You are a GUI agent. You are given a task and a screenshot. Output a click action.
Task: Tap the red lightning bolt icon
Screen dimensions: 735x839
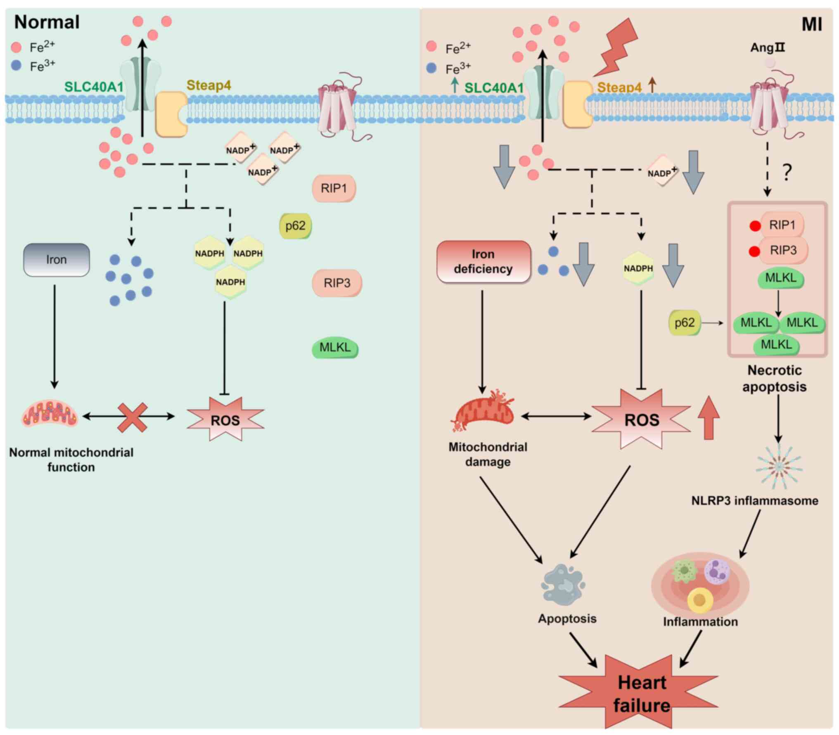pos(617,47)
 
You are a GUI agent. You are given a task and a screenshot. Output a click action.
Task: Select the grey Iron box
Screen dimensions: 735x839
pos(57,260)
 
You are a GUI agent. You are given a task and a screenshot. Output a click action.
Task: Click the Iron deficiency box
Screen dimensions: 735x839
pos(483,261)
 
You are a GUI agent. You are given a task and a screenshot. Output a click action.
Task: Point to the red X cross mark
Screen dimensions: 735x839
pos(132,417)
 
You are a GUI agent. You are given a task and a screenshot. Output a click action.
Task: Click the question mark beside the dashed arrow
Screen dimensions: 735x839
pos(787,172)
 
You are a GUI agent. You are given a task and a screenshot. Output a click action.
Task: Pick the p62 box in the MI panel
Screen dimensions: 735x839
pos(684,322)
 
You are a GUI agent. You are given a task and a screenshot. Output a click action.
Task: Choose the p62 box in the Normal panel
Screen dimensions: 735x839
pos(295,226)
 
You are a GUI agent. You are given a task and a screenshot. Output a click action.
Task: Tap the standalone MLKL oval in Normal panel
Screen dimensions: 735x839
pos(335,348)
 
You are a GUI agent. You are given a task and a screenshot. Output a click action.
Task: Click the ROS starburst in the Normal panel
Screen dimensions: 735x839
pos(225,420)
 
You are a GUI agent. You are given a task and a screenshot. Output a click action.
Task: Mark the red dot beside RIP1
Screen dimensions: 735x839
pos(755,226)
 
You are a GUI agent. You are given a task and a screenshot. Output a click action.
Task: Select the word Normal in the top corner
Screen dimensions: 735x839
pos(47,22)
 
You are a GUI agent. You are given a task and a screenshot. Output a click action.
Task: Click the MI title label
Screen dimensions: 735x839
pos(811,24)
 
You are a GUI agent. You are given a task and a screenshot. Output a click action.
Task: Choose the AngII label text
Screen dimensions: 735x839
pos(767,48)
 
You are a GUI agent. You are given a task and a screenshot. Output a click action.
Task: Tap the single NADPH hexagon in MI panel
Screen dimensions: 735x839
pos(638,268)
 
